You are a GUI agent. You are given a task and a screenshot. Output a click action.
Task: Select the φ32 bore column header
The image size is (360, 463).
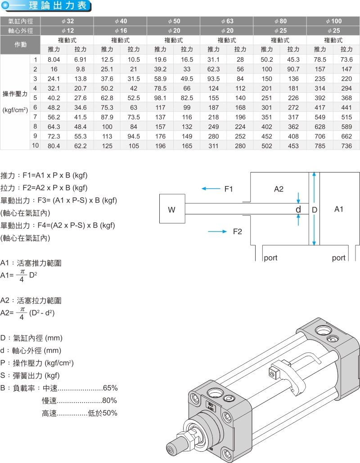click(67, 21)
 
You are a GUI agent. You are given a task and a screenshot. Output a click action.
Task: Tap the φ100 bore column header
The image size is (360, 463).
click(333, 21)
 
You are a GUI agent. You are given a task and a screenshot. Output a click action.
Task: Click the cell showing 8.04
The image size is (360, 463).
click(54, 59)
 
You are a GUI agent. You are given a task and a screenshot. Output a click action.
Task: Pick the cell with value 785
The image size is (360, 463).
click(320, 145)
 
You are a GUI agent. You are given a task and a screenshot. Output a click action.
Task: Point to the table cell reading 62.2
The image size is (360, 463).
click(81, 145)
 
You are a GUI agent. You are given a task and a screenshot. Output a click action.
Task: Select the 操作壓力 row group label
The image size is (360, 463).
click(15, 94)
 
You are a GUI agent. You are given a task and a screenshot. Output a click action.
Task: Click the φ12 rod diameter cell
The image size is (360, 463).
click(67, 31)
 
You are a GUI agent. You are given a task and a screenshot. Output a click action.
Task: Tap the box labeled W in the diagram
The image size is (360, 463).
click(172, 209)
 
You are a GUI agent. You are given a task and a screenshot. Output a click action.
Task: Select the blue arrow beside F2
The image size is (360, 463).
click(218, 231)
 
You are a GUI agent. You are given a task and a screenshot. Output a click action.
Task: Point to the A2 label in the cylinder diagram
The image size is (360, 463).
click(279, 189)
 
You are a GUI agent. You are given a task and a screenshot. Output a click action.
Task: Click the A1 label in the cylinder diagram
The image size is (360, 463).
click(339, 209)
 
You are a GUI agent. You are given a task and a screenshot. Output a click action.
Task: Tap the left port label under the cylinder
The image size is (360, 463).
click(270, 258)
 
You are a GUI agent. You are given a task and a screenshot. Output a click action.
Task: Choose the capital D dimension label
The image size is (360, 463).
click(315, 210)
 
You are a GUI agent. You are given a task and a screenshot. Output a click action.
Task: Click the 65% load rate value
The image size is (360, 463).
click(110, 388)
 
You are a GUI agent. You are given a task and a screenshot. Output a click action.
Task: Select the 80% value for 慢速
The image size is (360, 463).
click(110, 400)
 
